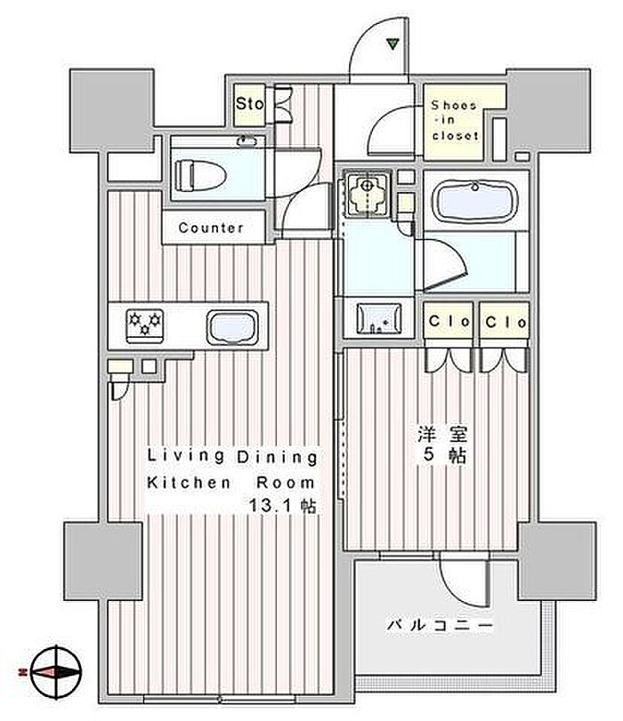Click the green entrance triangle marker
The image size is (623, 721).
392,44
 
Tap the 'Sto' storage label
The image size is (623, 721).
250,103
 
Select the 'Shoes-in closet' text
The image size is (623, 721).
455,120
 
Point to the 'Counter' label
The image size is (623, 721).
211,228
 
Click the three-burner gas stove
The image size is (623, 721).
144,325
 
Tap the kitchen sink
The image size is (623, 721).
232,327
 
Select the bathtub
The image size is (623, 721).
475,201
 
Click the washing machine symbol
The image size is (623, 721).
367,193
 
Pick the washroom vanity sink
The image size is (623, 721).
379,318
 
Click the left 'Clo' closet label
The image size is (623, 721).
449,321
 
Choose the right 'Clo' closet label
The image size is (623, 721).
506,322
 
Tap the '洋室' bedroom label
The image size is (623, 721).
442,434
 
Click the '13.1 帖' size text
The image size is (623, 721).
282,506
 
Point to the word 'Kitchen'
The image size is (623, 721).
189,483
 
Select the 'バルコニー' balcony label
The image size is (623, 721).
440,625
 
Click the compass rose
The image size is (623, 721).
56,672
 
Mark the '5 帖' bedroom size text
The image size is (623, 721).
444,455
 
